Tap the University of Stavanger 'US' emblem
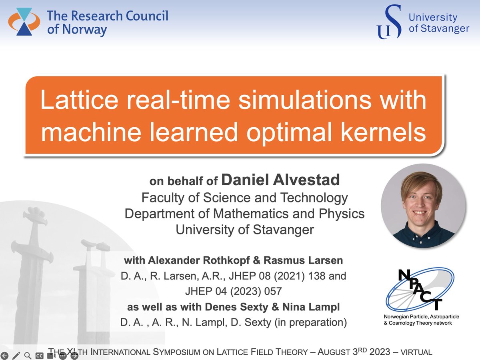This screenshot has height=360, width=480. (x=389, y=22)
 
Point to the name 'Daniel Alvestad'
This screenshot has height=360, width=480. (x=280, y=180)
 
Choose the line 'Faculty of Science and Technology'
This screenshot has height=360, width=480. (x=245, y=198)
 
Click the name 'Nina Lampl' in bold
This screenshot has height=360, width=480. (x=324, y=307)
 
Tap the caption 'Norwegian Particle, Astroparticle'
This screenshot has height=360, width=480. (x=421, y=317)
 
